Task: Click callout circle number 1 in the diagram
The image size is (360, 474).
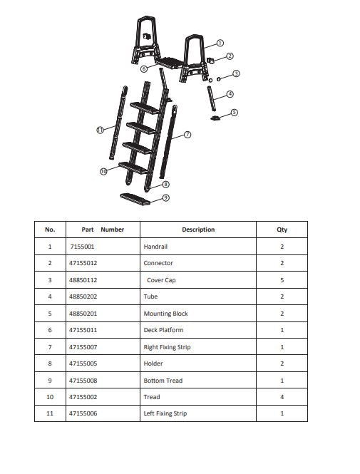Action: point(220,43)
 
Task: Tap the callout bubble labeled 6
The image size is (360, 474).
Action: point(143,69)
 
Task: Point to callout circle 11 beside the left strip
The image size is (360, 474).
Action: point(100,130)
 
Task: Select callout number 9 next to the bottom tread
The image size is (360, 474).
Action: point(165,197)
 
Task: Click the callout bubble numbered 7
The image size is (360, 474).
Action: point(187,134)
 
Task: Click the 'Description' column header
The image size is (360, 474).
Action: point(198,230)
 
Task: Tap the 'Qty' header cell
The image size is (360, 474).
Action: point(282,230)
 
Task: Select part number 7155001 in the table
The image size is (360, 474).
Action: point(82,247)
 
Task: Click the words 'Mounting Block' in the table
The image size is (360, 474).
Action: point(165,314)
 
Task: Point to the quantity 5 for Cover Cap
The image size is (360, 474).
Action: point(282,280)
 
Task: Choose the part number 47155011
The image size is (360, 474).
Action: point(84,330)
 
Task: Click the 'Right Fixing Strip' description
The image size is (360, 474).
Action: point(167,347)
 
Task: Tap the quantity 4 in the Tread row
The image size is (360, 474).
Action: point(282,397)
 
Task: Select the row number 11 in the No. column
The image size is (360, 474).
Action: point(50,413)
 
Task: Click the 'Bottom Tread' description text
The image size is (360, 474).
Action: point(163,381)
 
